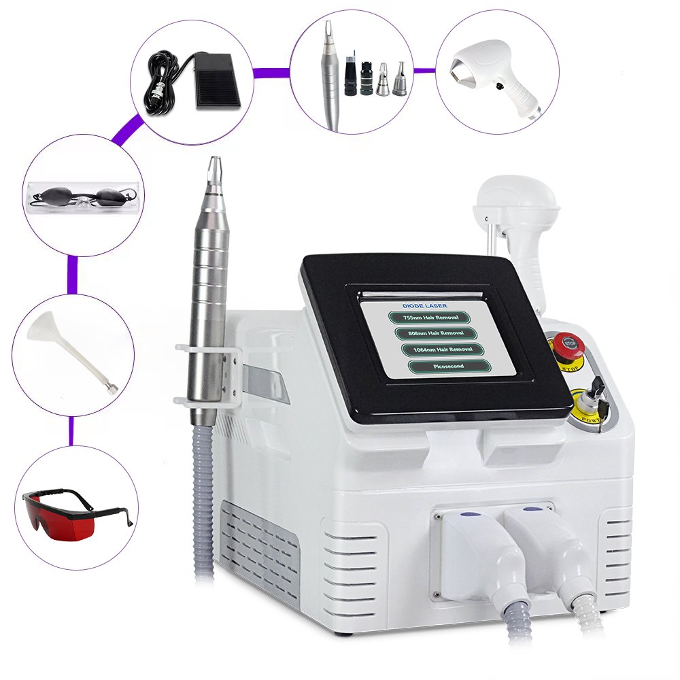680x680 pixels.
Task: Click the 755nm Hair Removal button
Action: pyautogui.click(x=430, y=317)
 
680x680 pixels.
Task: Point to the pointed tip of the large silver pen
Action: pyautogui.click(x=214, y=163)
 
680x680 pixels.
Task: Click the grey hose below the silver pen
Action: pyautogui.click(x=204, y=503)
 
